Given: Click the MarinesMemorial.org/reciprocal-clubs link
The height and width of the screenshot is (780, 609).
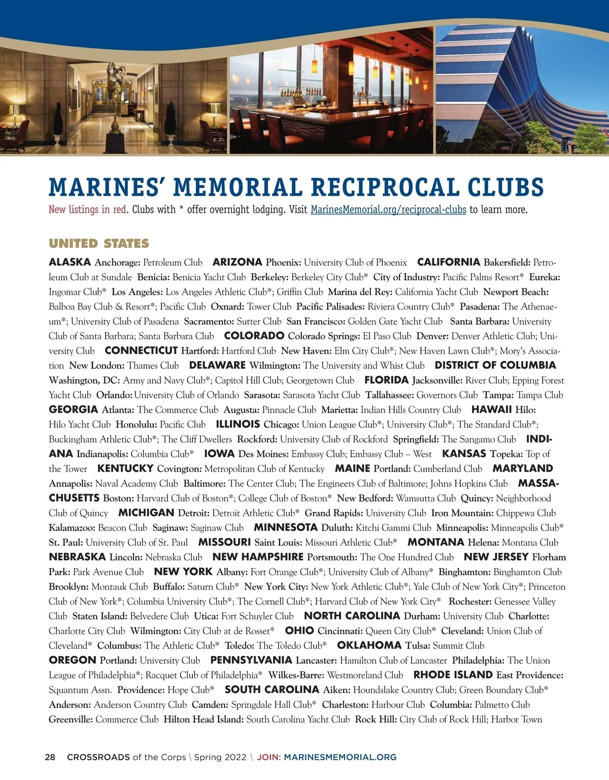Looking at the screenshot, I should (388, 209).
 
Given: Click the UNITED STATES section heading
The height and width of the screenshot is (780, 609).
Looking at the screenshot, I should (99, 243).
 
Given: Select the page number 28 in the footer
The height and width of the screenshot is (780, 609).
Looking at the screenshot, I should (50, 757).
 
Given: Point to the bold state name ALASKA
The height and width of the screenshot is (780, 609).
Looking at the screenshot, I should (70, 262).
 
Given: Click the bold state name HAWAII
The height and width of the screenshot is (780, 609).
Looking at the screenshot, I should (491, 410).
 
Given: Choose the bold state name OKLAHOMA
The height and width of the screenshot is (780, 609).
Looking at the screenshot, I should (369, 645).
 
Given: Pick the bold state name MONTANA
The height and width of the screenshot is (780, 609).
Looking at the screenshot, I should (436, 542).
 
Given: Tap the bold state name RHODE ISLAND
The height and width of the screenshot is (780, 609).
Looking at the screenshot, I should (453, 675).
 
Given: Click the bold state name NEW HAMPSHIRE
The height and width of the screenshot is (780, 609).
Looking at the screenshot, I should (258, 557).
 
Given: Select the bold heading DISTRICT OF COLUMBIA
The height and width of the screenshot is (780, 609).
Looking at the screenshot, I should (495, 365).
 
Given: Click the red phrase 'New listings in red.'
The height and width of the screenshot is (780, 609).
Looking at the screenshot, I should (88, 209).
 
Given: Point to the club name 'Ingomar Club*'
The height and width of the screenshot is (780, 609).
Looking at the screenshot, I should (78, 292).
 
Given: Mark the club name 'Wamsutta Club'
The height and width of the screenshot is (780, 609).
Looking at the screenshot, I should (426, 498).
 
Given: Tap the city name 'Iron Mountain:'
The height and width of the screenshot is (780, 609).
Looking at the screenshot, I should (462, 513).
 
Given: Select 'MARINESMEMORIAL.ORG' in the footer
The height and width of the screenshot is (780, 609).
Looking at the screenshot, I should (340, 757).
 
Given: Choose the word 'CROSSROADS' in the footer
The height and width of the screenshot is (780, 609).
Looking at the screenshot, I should (98, 757).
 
